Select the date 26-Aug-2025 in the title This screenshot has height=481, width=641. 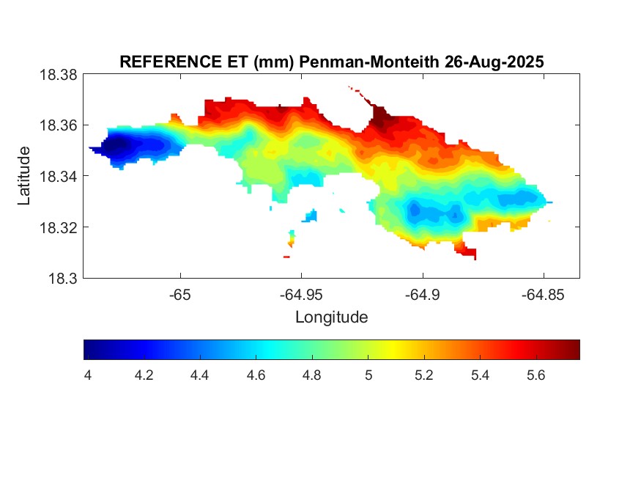494,62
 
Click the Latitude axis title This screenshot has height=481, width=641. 24,176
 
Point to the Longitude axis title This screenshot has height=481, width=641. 331,317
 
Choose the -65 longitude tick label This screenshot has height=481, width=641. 180,295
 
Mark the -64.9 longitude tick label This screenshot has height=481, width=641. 422,295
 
